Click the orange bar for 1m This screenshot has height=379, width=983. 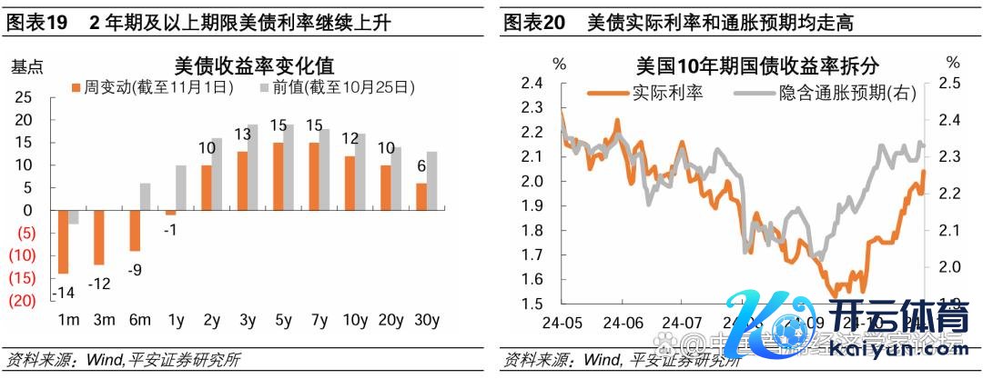pos(65,241)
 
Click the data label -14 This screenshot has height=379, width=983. pos(63,293)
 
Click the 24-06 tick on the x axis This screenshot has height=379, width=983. pos(627,323)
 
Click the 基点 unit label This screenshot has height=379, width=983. pos(26,66)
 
